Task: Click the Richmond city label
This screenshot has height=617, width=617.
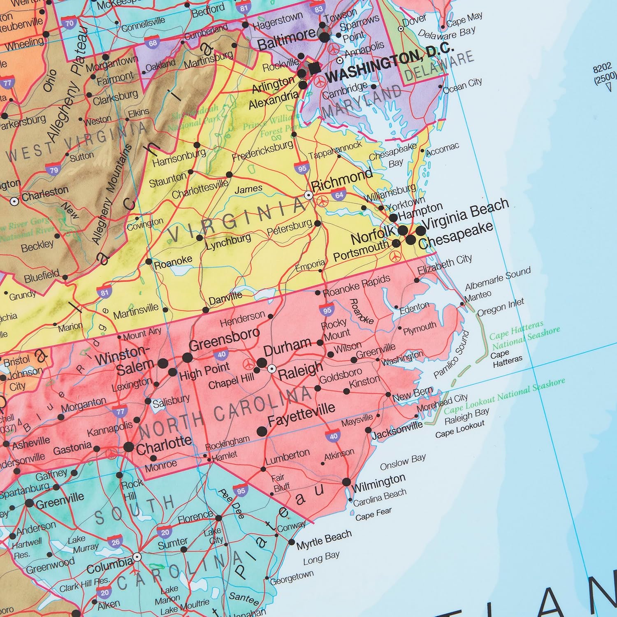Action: click(x=342, y=181)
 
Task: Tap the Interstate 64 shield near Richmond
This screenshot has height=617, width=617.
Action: click(x=339, y=195)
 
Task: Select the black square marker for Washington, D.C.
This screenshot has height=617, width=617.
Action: click(x=315, y=69)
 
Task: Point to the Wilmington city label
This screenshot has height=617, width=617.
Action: click(x=379, y=482)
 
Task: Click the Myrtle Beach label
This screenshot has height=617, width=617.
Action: click(x=324, y=540)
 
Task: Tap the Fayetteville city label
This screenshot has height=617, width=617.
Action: click(x=302, y=414)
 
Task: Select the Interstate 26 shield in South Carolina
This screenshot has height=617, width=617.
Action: click(x=116, y=542)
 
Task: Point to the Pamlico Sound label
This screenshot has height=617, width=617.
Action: click(x=452, y=355)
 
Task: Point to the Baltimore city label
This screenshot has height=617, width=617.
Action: click(x=287, y=39)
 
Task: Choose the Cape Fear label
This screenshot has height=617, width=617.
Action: click(x=373, y=514)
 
